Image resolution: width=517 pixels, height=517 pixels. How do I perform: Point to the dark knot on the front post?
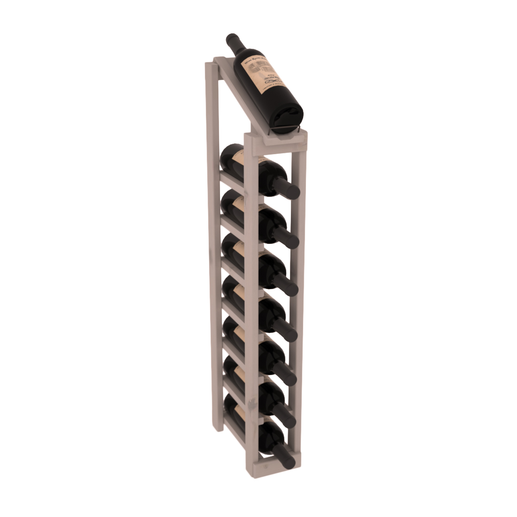[x=267, y=468]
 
